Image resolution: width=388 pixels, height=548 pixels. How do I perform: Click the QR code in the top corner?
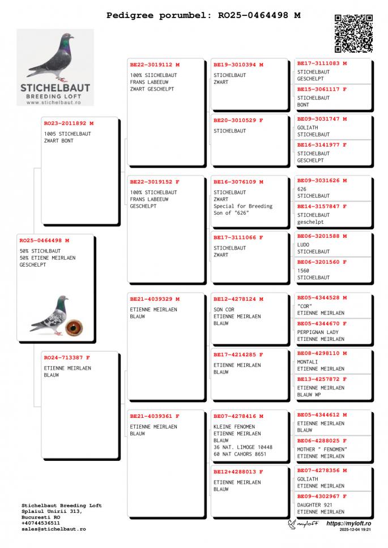coord(353,33)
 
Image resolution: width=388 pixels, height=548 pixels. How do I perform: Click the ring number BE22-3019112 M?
coord(155,65)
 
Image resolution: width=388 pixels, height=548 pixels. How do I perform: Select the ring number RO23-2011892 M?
coord(69,123)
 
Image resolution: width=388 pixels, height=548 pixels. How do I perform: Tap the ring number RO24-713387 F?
coord(67,358)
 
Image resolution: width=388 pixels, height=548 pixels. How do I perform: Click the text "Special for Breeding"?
coord(243,207)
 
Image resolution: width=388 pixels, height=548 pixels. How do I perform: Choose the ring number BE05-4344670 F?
coord(322,324)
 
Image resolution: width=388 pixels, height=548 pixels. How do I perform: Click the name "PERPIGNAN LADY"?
coord(318,332)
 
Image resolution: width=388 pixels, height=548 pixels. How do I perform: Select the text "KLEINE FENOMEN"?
coord(234,427)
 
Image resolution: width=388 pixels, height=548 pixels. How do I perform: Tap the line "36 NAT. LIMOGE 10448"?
coord(243,447)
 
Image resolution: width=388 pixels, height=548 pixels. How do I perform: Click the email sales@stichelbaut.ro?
coord(54,529)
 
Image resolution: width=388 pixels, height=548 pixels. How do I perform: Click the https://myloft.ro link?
coord(348,524)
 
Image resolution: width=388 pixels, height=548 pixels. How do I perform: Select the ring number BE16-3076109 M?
coord(238,182)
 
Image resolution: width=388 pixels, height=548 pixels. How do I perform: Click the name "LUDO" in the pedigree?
coord(304,245)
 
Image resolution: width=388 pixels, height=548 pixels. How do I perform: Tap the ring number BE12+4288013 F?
coord(238,472)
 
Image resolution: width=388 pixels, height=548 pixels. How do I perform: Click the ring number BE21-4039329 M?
coord(155,299)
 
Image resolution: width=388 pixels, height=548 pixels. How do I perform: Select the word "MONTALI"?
coord(308,362)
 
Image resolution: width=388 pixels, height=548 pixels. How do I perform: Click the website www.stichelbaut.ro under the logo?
coord(55,102)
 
